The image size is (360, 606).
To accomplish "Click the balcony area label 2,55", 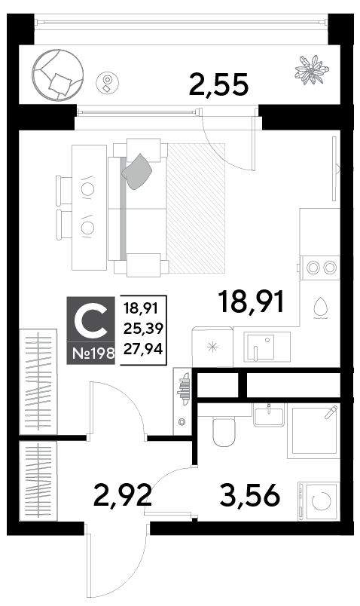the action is tap(218, 84).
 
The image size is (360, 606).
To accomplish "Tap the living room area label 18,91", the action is tap(251, 301).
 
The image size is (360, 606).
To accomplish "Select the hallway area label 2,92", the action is tap(122, 495).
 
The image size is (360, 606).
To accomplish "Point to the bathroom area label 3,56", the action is tap(249, 495).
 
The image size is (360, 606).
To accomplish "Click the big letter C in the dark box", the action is tap(91, 320).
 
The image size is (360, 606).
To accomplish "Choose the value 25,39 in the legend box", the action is tap(143, 329).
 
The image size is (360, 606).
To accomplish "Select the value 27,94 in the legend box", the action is tap(143, 349).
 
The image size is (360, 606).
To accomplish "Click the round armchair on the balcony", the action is tap(57, 74).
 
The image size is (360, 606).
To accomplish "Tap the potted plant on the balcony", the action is tap(311, 69).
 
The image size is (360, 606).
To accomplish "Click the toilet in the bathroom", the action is tap(224, 431).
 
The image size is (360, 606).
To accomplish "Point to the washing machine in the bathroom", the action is tap(319, 502).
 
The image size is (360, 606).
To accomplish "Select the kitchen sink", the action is tap(267, 347).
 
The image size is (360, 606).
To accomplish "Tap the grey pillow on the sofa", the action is tap(136, 172).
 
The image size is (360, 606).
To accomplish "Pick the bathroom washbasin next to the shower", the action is tap(268, 415).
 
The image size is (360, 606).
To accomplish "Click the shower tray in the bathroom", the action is tap(313, 431).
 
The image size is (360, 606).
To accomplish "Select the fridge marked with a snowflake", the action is tap(212, 347).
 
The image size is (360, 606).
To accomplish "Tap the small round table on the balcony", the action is tap(108, 82).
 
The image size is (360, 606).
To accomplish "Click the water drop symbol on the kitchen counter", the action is tap(320, 308).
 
